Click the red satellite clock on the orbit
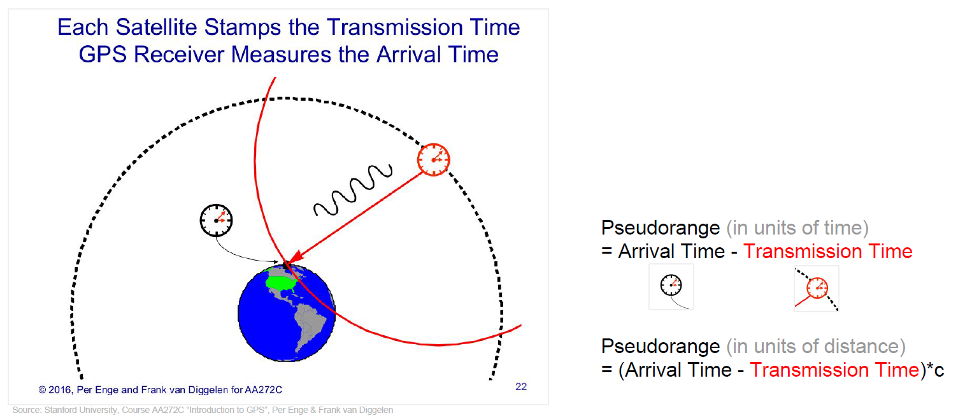[434, 160]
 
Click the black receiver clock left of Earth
[217, 221]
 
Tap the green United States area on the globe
[280, 282]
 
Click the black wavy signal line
[354, 190]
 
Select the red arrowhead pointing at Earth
[295, 257]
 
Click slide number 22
[521, 387]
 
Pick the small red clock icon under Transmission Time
[817, 288]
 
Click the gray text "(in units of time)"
[797, 228]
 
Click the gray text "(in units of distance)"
[815, 346]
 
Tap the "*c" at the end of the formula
[935, 370]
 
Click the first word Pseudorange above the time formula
[661, 228]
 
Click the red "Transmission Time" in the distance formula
[834, 370]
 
